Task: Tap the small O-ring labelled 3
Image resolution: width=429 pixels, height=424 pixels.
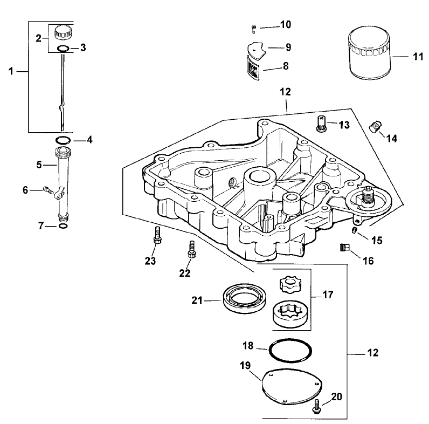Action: point(63,49)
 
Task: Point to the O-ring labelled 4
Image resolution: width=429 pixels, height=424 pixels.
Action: point(63,140)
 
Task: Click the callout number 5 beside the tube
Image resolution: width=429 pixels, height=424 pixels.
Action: point(39,164)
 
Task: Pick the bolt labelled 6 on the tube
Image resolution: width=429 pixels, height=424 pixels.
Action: point(47,189)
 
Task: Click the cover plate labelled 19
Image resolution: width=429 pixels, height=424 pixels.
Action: point(292,385)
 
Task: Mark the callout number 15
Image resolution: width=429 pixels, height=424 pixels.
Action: point(377,240)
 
